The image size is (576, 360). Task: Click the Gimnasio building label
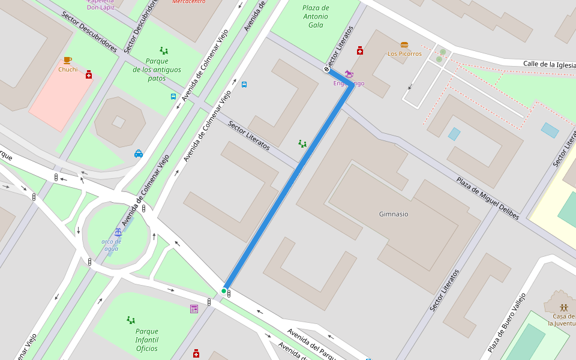pos(394,214)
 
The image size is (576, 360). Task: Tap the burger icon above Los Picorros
pos(404,45)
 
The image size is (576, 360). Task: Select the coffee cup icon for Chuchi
pos(67,60)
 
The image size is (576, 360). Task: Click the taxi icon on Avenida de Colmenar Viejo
pos(139,154)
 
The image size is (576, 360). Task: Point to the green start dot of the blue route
pos(224,291)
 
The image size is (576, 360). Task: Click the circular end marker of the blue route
pos(327,70)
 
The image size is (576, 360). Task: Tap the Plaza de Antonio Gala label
pos(316,16)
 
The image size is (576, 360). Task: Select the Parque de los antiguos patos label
pos(157,70)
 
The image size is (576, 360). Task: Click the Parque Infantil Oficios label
pos(147,340)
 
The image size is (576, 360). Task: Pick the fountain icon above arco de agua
pos(118,232)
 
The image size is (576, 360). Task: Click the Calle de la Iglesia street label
pos(549,64)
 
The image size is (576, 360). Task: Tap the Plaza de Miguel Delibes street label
pos(487,197)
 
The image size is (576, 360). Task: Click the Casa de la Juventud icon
pos(563,307)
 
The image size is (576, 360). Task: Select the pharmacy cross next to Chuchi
pos(89,74)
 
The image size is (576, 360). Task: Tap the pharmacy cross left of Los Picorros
pos(360,50)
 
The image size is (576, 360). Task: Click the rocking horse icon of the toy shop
pos(349,74)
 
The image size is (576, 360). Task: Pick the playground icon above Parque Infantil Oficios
pos(131,320)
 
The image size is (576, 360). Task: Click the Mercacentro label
pos(188,2)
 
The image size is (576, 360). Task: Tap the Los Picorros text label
pos(404,54)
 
